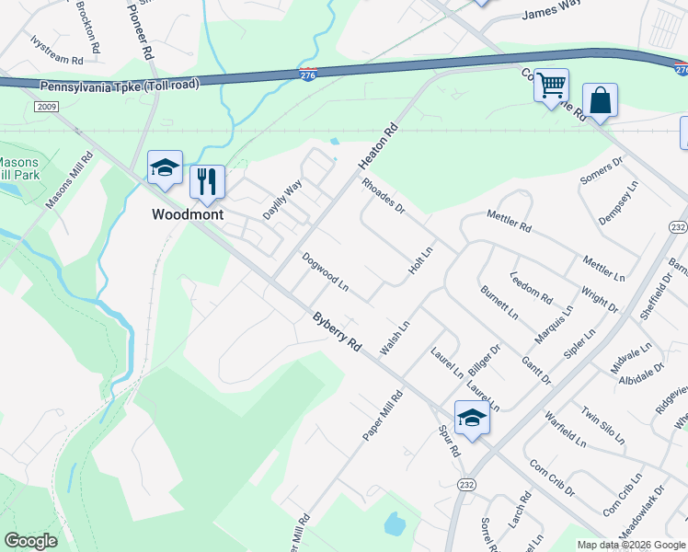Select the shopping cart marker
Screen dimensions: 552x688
tap(551, 86)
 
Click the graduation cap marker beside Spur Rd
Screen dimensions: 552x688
tap(472, 418)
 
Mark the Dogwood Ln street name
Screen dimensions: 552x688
tap(326, 272)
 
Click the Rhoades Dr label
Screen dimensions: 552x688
tap(384, 195)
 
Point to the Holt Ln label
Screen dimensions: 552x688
tap(420, 264)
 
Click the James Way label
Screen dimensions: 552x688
tap(552, 11)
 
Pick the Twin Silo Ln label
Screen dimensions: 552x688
tap(602, 424)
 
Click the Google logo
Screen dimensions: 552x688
tap(30, 541)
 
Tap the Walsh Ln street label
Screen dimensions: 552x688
tap(395, 339)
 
